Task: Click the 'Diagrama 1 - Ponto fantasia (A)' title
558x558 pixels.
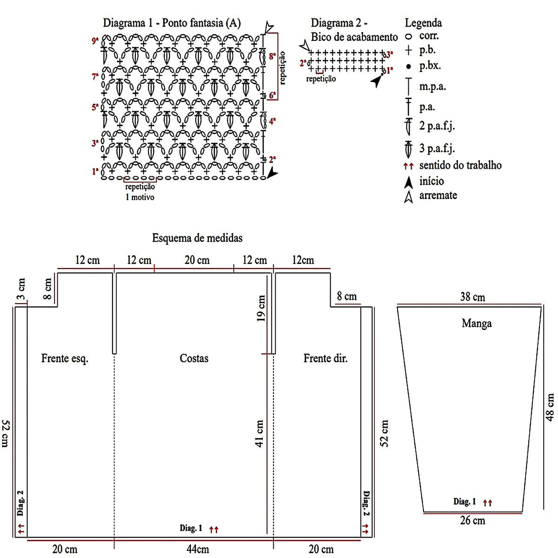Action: [172, 23]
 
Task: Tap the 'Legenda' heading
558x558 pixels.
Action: [423, 23]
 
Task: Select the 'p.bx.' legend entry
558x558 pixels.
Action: [430, 66]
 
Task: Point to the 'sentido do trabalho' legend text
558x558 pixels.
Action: [460, 165]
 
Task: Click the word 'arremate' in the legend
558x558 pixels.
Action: [438, 195]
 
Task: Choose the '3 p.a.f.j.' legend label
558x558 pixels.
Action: [437, 149]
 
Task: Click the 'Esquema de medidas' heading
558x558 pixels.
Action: [198, 238]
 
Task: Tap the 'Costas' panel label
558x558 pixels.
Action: [194, 358]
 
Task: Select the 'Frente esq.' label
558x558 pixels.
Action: [65, 358]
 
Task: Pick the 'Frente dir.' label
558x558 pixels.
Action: [325, 358]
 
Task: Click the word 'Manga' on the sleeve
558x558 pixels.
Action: [477, 323]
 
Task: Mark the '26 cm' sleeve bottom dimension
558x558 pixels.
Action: [472, 521]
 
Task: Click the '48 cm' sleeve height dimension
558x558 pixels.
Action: [550, 407]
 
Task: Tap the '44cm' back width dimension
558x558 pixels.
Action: [198, 549]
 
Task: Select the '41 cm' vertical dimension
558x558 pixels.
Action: [259, 433]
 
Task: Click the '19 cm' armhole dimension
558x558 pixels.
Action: [261, 308]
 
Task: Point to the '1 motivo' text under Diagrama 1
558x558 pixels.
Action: [139, 197]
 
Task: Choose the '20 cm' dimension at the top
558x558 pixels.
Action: [197, 260]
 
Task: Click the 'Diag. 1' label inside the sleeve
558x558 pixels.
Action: [465, 502]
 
